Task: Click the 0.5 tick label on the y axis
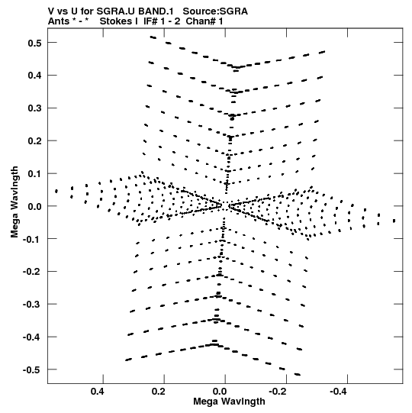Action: [x=34, y=43]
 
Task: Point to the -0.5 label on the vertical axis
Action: [x=32, y=370]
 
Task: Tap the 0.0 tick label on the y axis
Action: [x=34, y=206]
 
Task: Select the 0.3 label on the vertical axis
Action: [x=34, y=108]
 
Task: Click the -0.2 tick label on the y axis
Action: [x=32, y=272]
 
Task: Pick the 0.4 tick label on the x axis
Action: [x=98, y=392]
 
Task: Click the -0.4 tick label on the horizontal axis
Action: [x=339, y=392]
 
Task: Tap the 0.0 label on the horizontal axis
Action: [x=220, y=392]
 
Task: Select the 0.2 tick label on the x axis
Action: [x=159, y=392]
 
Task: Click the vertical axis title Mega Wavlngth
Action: [x=14, y=202]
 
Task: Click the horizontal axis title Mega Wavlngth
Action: [x=229, y=402]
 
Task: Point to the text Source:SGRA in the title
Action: [x=215, y=11]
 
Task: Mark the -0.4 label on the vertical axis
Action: [x=32, y=337]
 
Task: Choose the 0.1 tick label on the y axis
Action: [x=34, y=174]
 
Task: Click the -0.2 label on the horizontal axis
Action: [x=278, y=392]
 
